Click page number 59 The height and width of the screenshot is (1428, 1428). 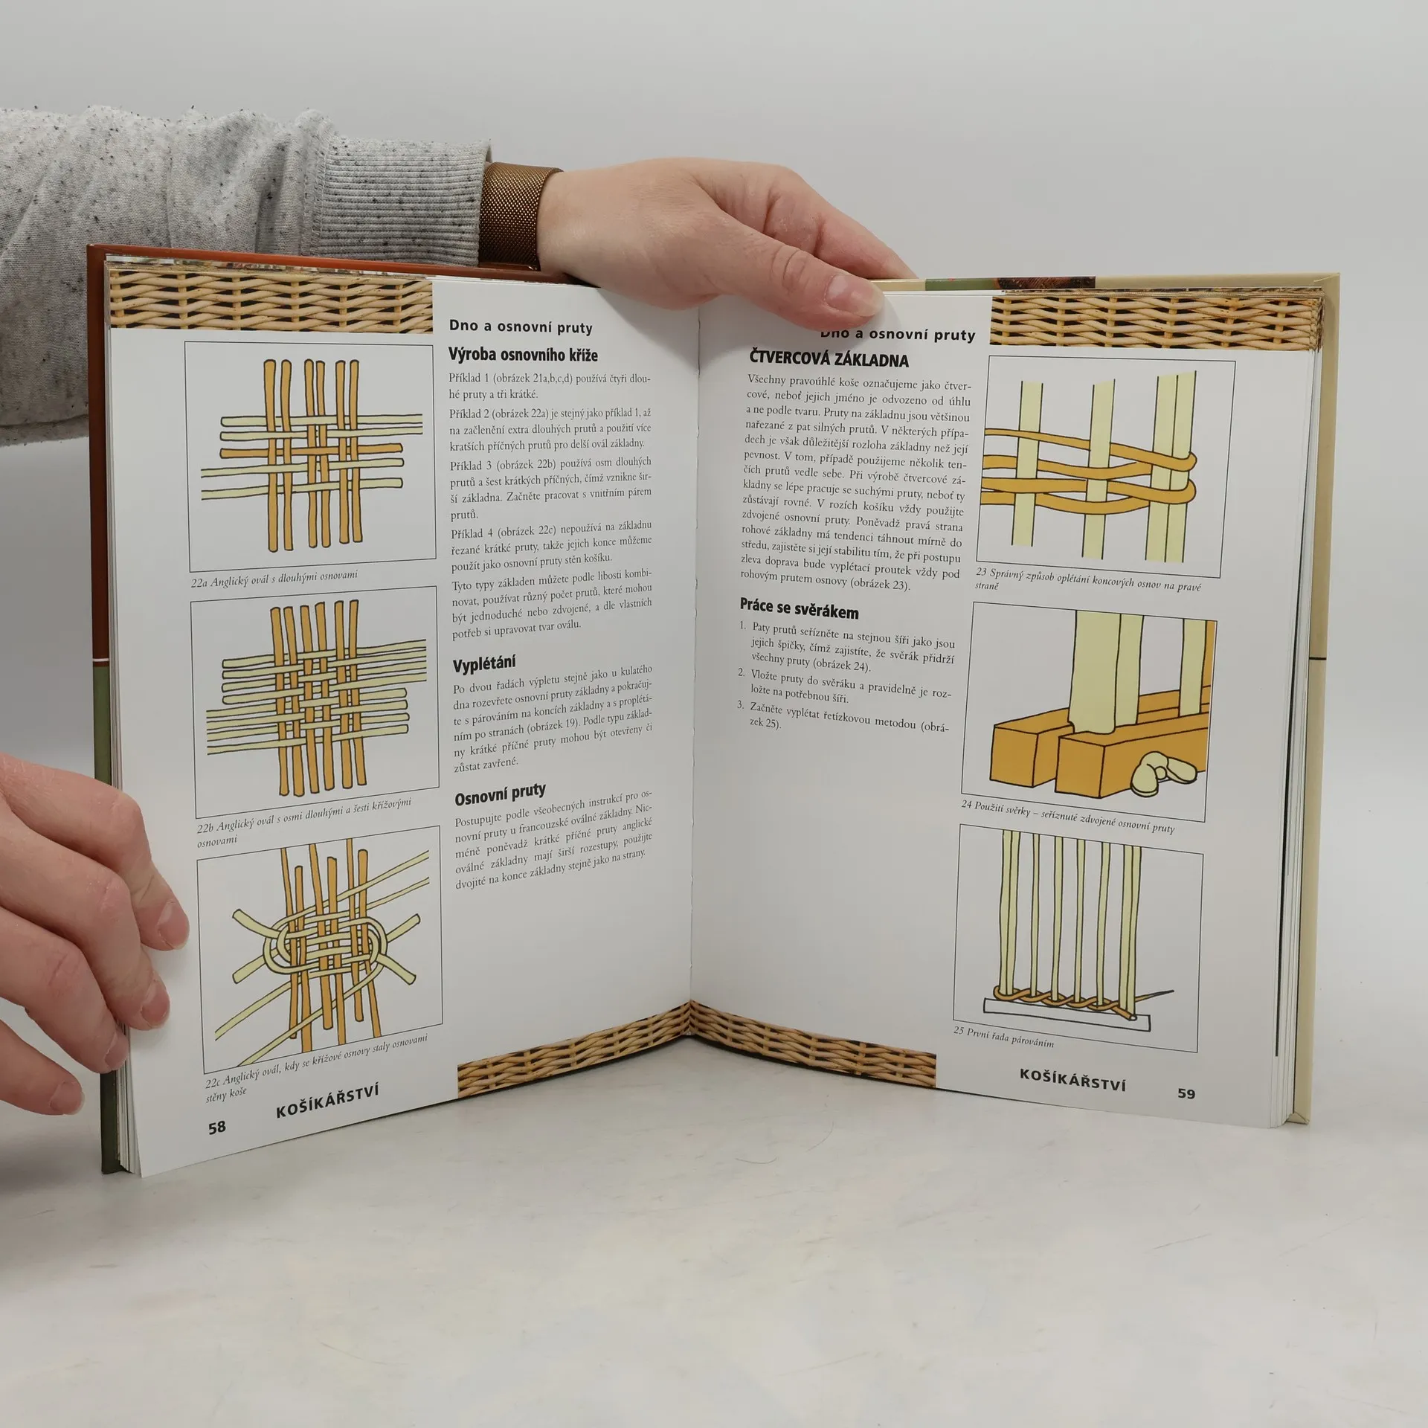[x=1186, y=1093]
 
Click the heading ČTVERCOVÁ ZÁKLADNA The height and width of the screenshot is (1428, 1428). [x=829, y=360]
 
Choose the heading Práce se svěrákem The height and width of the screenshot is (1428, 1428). [x=799, y=609]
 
